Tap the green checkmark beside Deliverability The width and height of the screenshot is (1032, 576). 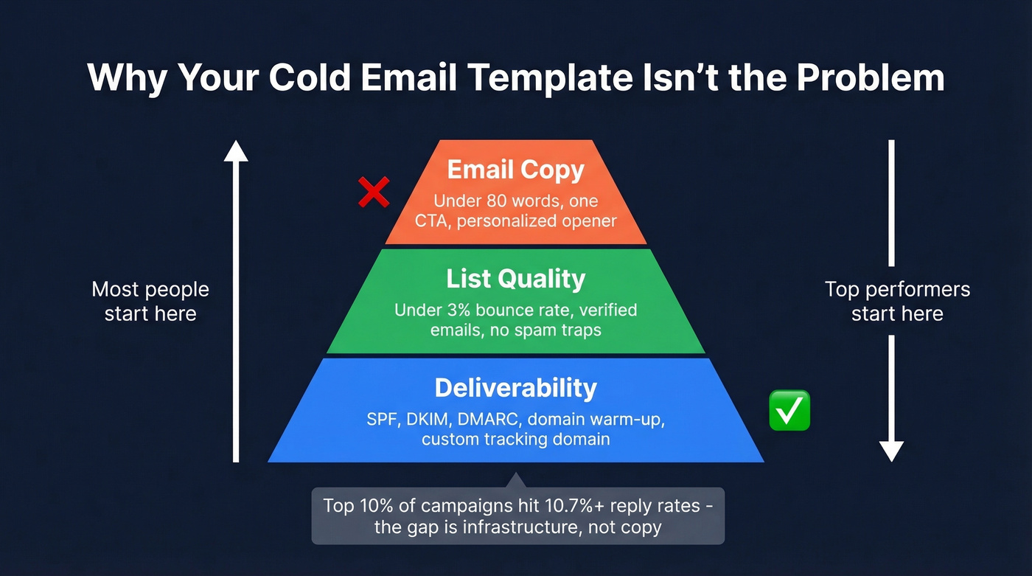coord(789,411)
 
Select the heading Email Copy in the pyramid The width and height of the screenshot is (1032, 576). coord(515,170)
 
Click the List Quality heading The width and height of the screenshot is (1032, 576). coord(515,279)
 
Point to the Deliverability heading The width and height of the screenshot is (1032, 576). coord(515,388)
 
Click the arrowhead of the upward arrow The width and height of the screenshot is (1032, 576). coord(236,150)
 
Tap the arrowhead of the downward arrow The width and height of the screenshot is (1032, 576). coord(891,451)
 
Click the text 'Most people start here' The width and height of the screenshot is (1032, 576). coord(150,302)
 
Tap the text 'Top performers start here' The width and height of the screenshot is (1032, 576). coord(897,302)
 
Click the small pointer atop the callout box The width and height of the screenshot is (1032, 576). coord(517,480)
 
